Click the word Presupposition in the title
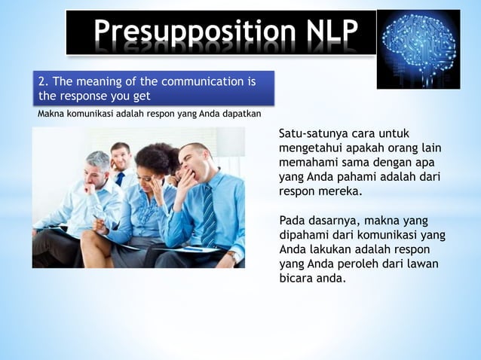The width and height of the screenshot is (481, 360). click(189, 32)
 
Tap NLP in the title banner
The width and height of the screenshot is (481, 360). click(328, 32)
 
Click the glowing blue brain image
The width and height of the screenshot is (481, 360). click(418, 49)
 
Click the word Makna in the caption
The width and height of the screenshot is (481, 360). click(50, 114)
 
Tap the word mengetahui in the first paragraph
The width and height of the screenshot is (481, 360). click(310, 148)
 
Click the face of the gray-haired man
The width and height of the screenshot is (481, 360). click(96, 171)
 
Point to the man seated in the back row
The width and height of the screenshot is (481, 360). click(120, 162)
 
